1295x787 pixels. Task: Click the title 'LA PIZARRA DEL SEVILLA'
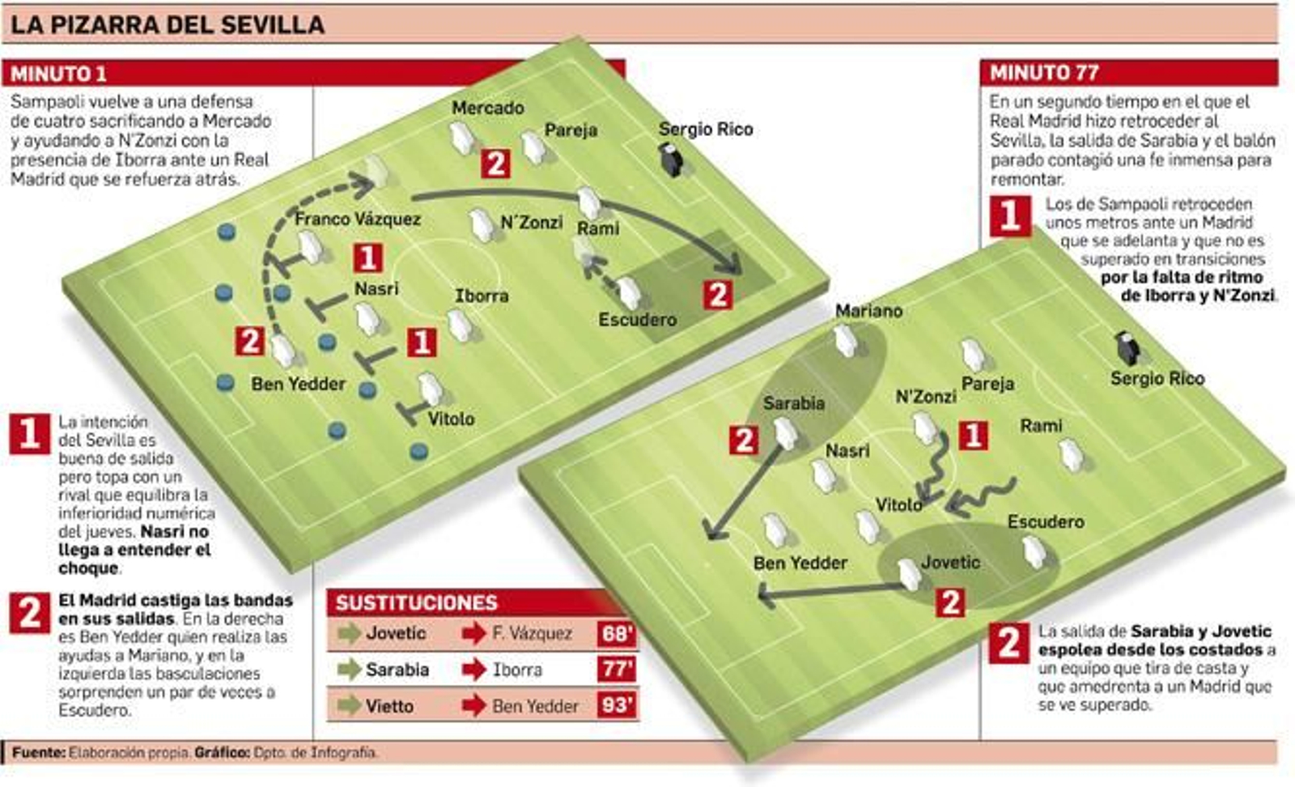168,24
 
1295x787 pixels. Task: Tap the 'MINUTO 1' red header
58,74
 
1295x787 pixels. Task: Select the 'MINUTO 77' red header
1044,73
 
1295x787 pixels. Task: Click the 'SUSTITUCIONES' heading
417,603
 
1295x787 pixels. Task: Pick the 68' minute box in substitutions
616,633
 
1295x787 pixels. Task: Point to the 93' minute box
616,705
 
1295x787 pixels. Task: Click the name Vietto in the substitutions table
389,706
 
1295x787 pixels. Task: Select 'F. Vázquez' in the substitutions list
532,633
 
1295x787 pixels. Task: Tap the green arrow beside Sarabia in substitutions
349,670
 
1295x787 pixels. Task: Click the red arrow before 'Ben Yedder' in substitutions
473,705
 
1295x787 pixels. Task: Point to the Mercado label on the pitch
487,108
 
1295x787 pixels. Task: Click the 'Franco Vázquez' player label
357,219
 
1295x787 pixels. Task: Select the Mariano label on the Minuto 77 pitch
868,311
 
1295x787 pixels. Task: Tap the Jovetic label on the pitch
950,562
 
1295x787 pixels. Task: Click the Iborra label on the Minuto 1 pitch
482,296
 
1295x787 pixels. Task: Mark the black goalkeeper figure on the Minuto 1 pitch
671,160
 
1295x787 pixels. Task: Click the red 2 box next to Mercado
495,164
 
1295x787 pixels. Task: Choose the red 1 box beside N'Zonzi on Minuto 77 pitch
973,436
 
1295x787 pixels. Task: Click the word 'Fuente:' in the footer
38,752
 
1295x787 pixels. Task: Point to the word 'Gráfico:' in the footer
222,752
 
